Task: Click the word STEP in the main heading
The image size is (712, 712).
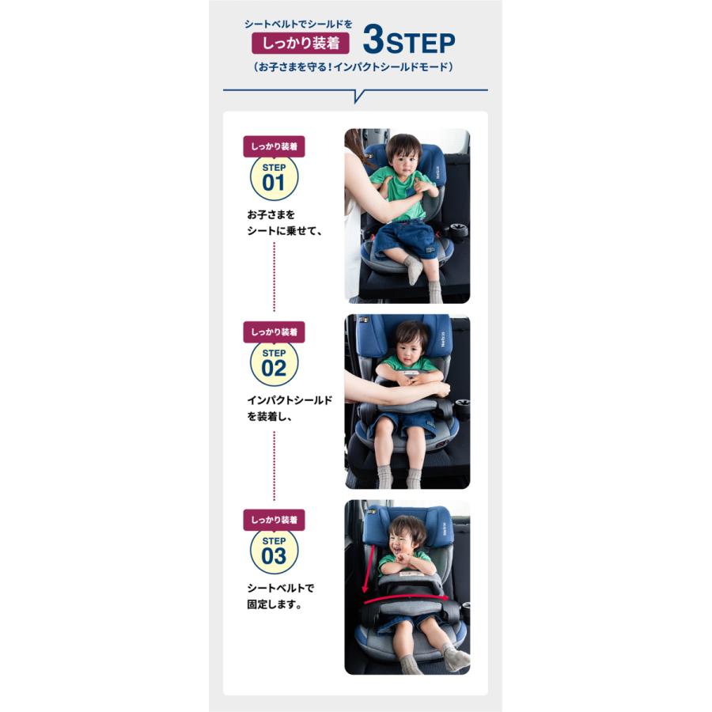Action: [420, 44]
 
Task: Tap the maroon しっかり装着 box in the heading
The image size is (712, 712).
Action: [301, 44]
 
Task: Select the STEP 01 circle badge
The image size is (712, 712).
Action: [274, 177]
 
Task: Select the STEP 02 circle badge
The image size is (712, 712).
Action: [274, 363]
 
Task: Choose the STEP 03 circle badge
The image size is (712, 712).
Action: [274, 551]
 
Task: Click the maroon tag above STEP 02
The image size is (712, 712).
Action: [274, 332]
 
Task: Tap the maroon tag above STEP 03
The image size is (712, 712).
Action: [274, 520]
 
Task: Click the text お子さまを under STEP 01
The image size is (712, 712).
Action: [271, 214]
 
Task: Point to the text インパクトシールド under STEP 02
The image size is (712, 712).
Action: [290, 400]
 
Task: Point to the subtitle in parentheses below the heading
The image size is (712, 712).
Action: [354, 66]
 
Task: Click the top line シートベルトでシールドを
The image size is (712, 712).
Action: [298, 24]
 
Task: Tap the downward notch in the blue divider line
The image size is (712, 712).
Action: [358, 96]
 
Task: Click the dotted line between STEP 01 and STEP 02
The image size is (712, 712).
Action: [274, 277]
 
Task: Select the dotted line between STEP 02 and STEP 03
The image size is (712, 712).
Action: [274, 466]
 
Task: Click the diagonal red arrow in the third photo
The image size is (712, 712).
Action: [369, 569]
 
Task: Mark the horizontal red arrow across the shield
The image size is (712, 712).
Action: [406, 599]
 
